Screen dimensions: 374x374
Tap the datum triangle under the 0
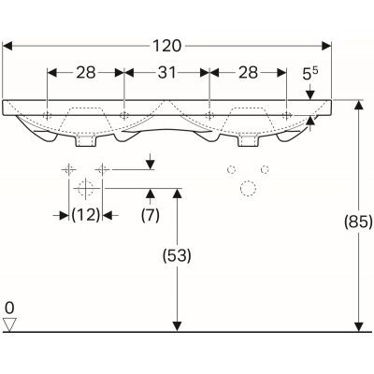[10, 324]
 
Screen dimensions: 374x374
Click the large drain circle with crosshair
[85, 188]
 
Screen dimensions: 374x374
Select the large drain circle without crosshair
[249, 188]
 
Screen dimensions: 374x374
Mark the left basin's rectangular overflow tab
[85, 142]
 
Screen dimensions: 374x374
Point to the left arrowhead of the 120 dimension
[8, 44]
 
